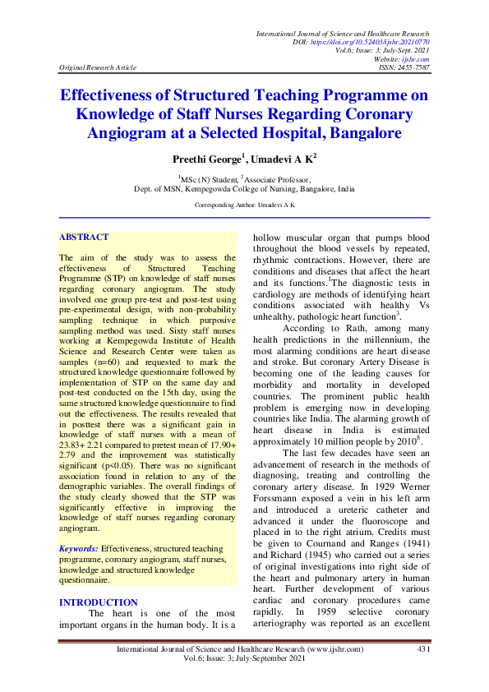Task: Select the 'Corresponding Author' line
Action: coord(243,204)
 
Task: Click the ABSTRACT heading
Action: coord(83,238)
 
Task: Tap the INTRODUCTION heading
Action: coord(99,602)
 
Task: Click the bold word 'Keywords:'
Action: coord(79,547)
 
